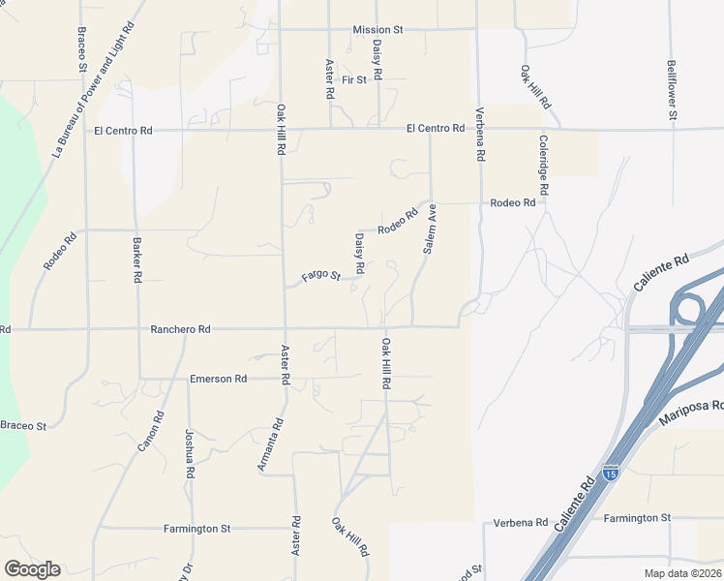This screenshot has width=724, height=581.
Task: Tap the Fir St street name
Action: click(x=354, y=79)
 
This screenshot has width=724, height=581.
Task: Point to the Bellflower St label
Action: click(x=672, y=91)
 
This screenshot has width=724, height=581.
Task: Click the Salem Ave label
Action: click(x=429, y=229)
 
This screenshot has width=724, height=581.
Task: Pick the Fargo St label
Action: click(x=321, y=277)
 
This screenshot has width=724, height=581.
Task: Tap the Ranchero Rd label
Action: click(x=181, y=329)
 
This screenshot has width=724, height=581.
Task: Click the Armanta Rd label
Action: click(x=270, y=444)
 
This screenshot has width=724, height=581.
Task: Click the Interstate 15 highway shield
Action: click(x=610, y=473)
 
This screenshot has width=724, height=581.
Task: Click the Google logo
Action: click(x=32, y=569)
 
